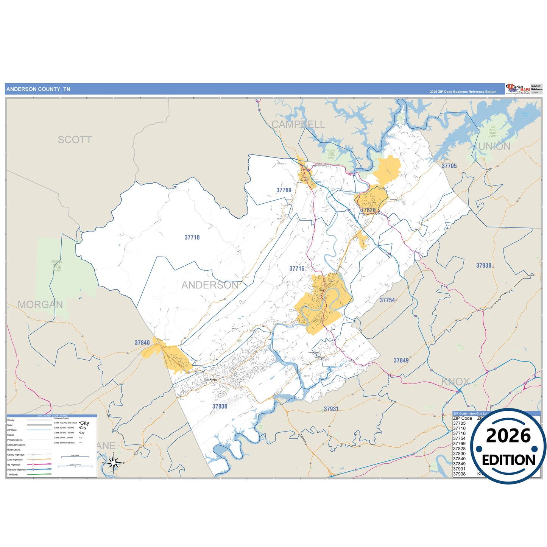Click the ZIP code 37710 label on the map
(192, 237)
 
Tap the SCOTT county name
(75, 140)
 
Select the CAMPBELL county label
(298, 124)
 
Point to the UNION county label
(494, 146)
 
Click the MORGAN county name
(40, 304)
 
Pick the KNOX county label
(455, 382)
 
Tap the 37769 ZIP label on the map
(284, 190)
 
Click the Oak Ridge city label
(210, 379)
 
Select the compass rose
(113, 463)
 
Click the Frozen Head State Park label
(56, 266)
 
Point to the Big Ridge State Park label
(492, 131)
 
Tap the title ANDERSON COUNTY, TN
(38, 89)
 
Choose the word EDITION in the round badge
(508, 460)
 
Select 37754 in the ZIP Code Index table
(459, 438)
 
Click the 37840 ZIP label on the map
(142, 343)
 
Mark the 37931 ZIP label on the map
(331, 409)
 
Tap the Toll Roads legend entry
(12, 474)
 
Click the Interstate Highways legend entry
(17, 469)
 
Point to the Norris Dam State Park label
(331, 154)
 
